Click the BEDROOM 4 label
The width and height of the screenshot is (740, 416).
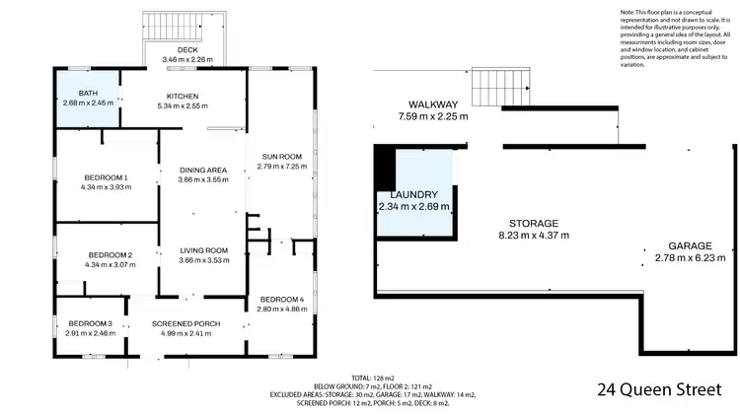tap(282, 299)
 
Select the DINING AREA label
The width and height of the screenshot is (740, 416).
tap(203, 170)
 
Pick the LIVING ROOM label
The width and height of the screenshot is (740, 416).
tap(203, 250)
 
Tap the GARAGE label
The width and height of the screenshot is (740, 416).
tap(690, 246)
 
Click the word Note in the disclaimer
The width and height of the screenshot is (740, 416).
tap(629, 12)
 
